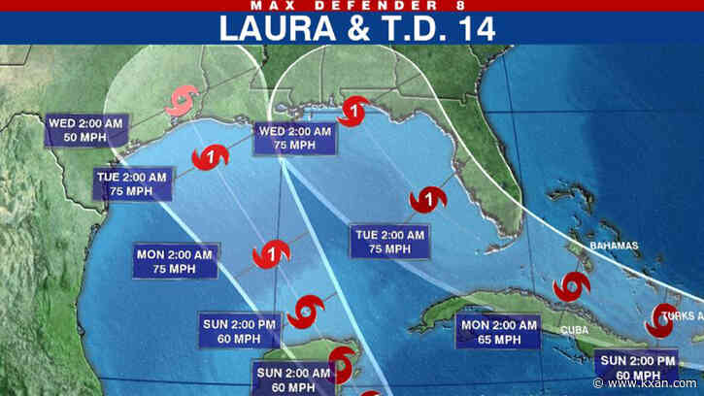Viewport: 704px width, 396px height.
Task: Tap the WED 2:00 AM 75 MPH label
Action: pos(295,139)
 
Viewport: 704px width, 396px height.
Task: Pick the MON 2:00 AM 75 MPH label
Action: pos(175,261)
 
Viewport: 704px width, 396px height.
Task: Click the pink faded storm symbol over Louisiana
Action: pos(182,101)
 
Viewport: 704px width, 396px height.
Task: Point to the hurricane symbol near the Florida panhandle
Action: pos(355,109)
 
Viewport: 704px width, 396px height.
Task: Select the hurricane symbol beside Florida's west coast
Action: pos(428,201)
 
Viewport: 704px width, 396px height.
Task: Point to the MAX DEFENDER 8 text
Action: pos(352,6)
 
